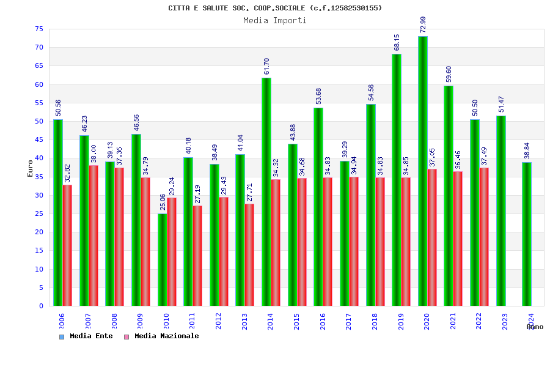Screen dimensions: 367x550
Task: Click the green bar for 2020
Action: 423,171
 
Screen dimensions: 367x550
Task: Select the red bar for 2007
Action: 94,235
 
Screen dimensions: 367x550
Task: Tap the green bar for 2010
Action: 162,259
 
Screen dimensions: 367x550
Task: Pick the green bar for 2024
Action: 527,234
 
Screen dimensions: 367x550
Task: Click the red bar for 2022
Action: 484,237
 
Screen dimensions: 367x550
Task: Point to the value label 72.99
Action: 423,24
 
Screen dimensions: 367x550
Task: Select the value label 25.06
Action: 162,202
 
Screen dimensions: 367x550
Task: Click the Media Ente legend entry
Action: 86,336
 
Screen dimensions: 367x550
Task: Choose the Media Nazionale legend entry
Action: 162,336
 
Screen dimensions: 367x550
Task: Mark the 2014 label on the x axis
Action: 271,321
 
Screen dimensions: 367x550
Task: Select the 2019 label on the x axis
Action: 401,321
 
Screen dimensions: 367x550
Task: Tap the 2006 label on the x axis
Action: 62,321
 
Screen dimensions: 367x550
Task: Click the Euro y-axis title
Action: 30,168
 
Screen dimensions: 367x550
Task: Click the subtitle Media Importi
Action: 275,20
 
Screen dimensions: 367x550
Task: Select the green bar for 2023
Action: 501,211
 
